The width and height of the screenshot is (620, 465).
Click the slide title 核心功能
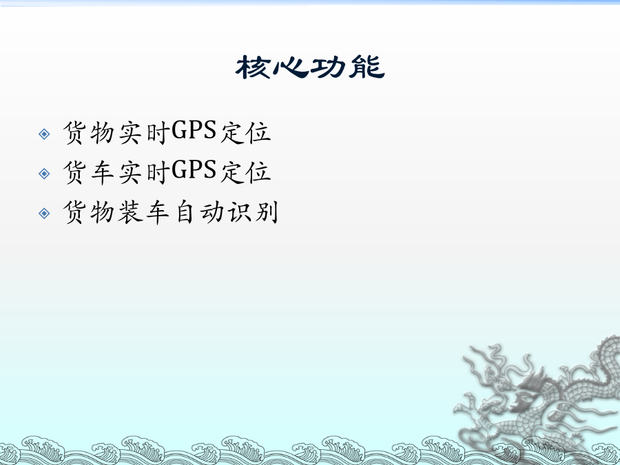pos(310,67)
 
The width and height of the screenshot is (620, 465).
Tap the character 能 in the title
pos(366,67)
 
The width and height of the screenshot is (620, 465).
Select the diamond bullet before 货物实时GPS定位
pos(44,134)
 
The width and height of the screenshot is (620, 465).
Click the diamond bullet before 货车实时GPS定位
pos(44,174)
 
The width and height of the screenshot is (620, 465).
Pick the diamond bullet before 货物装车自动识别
pos(44,214)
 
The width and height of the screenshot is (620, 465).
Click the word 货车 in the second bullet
pos(89,172)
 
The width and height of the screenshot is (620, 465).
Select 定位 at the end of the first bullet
pos(245,132)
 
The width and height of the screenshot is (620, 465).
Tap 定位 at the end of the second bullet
pos(245,172)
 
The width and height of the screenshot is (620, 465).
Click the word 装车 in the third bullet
pos(144,212)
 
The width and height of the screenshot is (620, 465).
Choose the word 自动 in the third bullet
pos(199,212)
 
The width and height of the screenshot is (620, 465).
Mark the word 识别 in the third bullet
pos(253,212)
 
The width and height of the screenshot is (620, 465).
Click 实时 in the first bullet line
pos(145,132)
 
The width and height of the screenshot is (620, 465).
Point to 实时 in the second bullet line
pos(145,172)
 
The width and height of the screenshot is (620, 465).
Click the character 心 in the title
pos(291,68)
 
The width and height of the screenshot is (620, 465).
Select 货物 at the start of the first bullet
pos(89,133)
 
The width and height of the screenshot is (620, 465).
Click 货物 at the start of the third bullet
pos(89,212)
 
